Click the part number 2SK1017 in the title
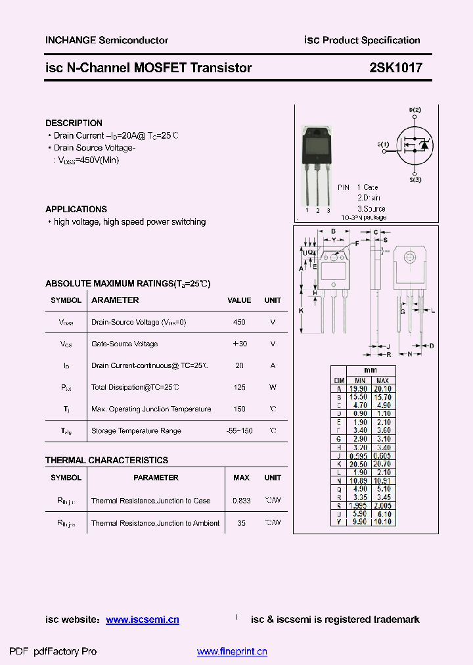tap(396, 68)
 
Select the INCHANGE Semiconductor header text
tap(106, 40)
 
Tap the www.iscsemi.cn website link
tap(143, 620)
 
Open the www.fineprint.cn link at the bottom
tap(232, 652)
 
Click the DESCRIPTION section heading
tap(74, 123)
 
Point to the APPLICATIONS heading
tap(76, 209)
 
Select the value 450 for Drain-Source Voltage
tap(239, 323)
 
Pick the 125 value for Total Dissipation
tap(239, 388)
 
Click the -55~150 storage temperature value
tap(239, 431)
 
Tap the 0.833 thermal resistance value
tap(241, 501)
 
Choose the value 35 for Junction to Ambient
tap(241, 523)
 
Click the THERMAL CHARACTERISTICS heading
tap(106, 460)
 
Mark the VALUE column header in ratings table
tap(239, 300)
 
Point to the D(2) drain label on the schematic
tap(415, 110)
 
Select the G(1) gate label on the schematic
tap(384, 144)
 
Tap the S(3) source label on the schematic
tap(415, 179)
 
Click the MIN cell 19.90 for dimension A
tap(360, 389)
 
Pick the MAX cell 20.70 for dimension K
tap(383, 464)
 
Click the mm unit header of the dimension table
tap(371, 371)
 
